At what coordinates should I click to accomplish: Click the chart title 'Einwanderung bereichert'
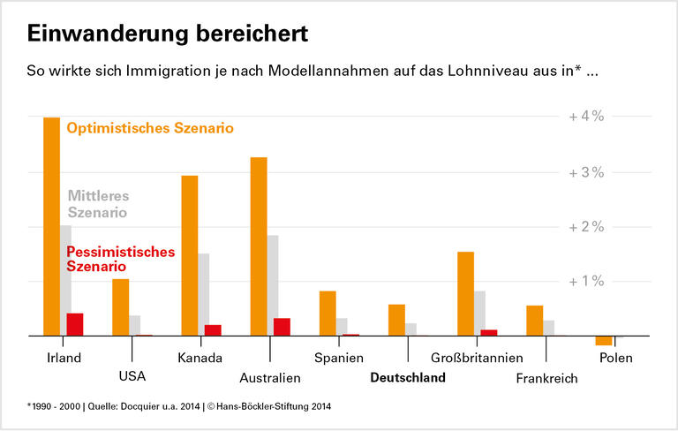tap(168, 34)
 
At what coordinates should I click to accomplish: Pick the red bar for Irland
tap(75, 325)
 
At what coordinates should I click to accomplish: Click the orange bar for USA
tap(121, 307)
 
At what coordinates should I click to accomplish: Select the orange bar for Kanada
tap(190, 256)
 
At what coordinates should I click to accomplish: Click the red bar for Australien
tap(282, 327)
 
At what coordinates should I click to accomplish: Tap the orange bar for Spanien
tap(328, 314)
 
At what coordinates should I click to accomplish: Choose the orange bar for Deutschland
tap(396, 321)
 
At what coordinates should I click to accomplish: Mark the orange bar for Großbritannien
tap(465, 294)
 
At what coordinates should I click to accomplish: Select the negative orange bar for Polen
tap(604, 341)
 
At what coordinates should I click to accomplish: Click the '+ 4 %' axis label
tap(585, 117)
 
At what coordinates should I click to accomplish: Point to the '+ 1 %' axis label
tap(585, 282)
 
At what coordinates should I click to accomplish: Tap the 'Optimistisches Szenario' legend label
tap(150, 128)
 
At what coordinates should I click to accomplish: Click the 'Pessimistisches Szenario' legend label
tap(121, 259)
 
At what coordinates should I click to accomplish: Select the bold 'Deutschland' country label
tap(408, 378)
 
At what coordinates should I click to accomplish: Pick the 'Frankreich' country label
tap(547, 379)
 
